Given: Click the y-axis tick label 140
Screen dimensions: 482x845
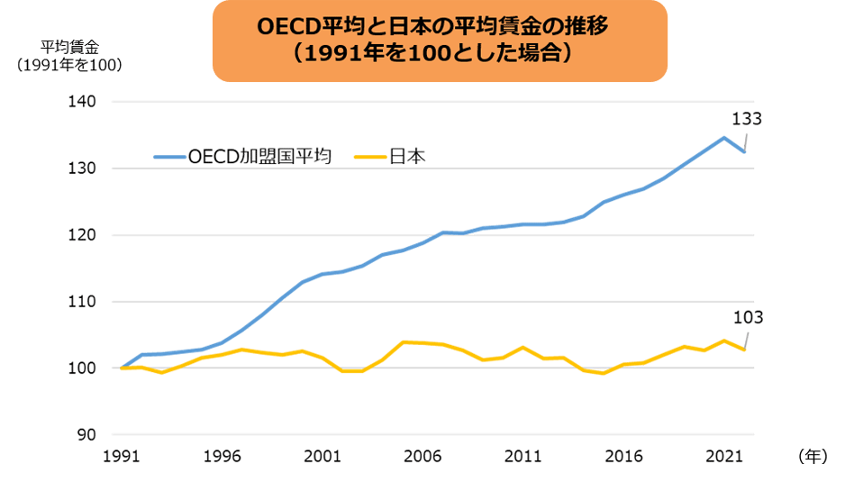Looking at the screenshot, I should (84, 102).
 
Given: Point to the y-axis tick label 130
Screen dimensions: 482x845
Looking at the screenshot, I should (84, 168).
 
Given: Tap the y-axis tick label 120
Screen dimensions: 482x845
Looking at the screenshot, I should (84, 235).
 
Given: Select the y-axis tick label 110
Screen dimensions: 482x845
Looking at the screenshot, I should (84, 302).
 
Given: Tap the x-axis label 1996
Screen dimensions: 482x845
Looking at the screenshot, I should (223, 457).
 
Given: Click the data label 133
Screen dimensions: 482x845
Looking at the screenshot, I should (748, 118).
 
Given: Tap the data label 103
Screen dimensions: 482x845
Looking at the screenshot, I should (748, 318).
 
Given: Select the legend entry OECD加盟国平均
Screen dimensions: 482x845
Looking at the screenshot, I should (260, 157).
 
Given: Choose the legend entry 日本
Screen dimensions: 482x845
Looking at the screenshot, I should (407, 157).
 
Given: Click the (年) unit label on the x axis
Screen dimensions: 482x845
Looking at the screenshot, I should (812, 457).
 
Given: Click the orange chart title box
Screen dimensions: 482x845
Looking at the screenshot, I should (440, 41).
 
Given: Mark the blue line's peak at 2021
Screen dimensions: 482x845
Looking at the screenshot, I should (724, 138).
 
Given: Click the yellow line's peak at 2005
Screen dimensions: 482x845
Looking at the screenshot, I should (404, 342).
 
